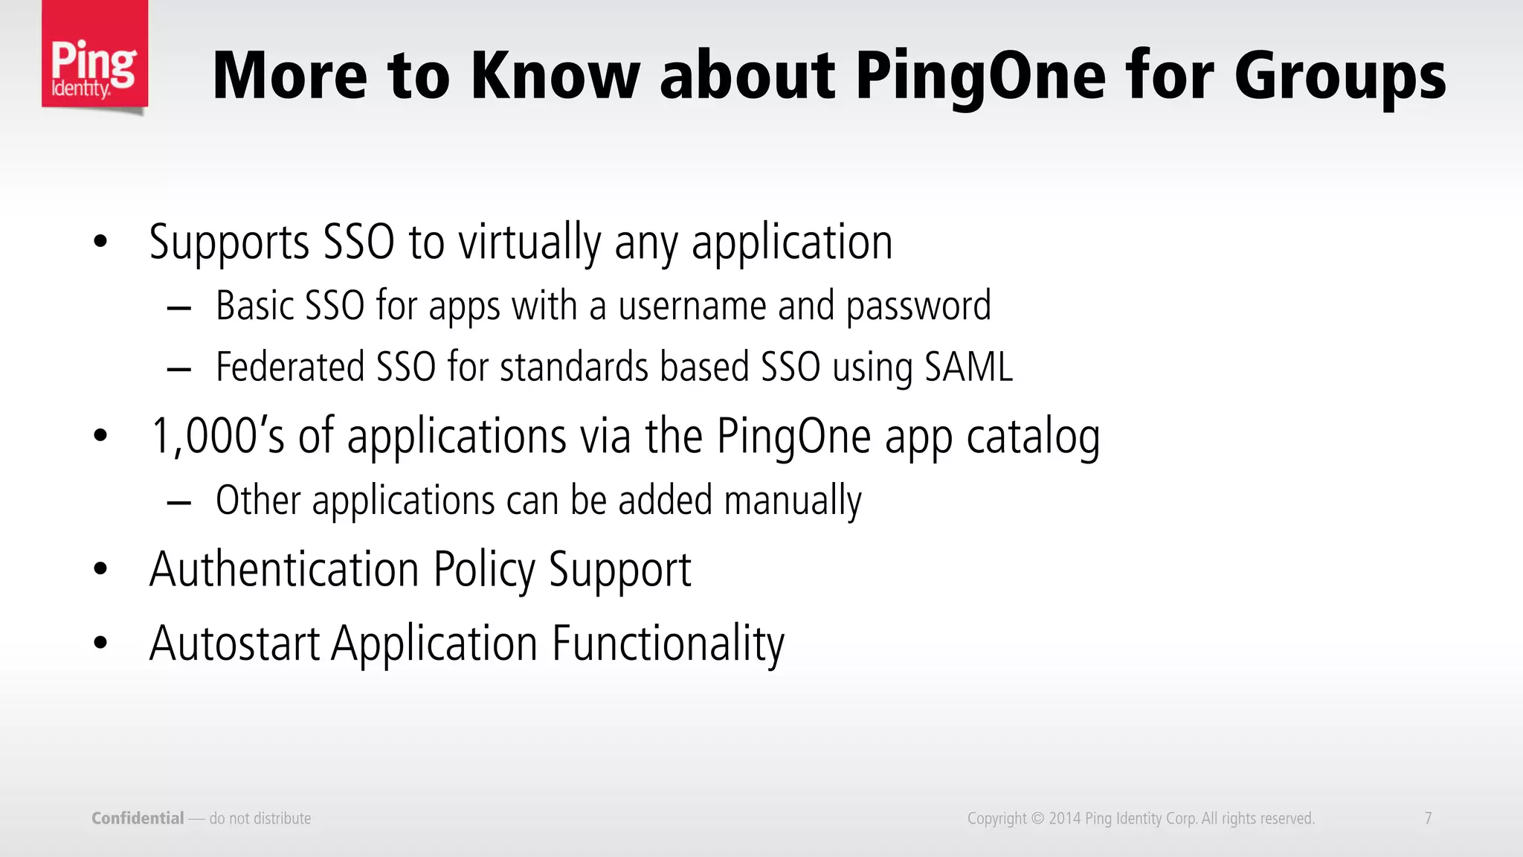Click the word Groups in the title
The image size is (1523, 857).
[1340, 76]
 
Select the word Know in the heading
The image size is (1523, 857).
[555, 76]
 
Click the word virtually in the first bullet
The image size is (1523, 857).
[529, 243]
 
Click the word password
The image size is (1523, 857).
[918, 306]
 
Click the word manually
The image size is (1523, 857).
[793, 501]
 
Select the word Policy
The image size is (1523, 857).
[484, 570]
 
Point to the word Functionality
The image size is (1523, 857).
[668, 644]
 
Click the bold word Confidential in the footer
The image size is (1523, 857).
[138, 818]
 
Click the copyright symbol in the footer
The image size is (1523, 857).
[1037, 819]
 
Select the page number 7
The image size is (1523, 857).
[1428, 818]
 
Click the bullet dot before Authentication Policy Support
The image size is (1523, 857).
[101, 569]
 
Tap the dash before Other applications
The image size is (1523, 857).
[179, 503]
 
